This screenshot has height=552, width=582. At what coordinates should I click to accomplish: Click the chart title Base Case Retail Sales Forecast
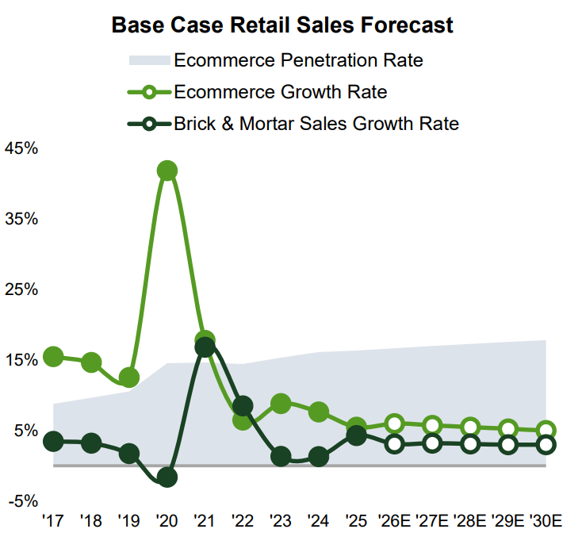(282, 25)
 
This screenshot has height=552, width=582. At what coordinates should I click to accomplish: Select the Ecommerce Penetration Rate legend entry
(298, 60)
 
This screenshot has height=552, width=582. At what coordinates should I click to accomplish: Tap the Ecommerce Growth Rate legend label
(280, 92)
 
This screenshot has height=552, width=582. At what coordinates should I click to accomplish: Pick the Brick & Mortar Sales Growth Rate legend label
(316, 124)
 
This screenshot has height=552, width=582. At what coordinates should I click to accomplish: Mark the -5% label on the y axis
(21, 501)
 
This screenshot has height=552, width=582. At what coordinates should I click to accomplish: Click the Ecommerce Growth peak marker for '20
(167, 171)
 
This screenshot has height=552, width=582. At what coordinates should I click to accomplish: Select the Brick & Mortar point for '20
(167, 477)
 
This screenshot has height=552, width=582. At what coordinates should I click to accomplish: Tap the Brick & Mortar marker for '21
(205, 347)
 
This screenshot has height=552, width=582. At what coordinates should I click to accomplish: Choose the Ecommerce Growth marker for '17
(53, 357)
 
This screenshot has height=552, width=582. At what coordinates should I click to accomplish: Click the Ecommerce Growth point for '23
(281, 404)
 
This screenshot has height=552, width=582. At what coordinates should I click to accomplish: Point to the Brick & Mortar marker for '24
(319, 457)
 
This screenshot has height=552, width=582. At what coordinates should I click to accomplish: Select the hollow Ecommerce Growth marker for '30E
(546, 431)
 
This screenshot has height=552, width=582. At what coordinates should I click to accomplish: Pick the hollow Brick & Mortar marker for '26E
(394, 444)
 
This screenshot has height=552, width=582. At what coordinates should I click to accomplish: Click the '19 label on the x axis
(128, 521)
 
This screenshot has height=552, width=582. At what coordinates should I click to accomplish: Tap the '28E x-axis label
(470, 521)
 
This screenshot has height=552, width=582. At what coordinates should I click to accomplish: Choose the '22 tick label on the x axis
(243, 521)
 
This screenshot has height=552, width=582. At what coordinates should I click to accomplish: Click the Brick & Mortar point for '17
(53, 441)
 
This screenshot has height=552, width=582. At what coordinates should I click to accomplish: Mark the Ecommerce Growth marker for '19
(129, 378)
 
